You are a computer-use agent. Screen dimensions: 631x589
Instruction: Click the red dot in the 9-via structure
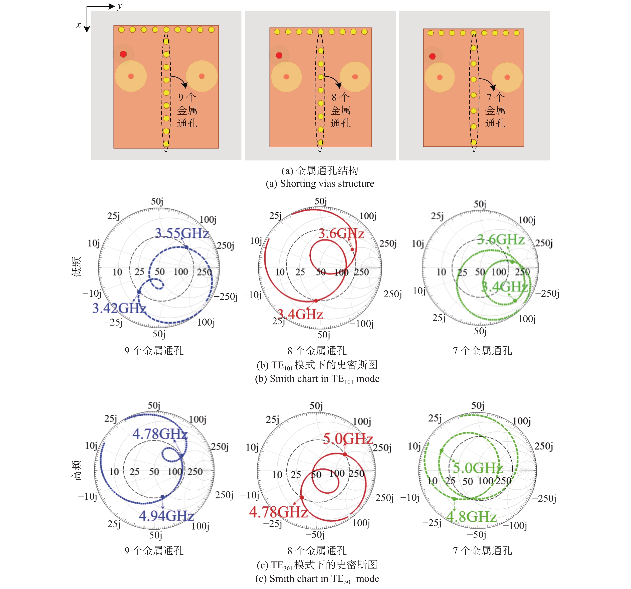point(123,54)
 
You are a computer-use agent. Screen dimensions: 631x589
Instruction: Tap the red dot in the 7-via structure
point(432,56)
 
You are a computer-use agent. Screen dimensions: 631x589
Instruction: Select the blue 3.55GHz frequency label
point(182,233)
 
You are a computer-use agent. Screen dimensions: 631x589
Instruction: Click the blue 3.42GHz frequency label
point(119,308)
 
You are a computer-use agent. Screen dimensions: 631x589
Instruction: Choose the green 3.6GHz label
point(501,239)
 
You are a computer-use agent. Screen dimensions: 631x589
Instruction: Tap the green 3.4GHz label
point(504,287)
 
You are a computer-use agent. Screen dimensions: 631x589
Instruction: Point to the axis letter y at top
point(119,6)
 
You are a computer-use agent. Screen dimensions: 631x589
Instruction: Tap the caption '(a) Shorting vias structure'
point(320,184)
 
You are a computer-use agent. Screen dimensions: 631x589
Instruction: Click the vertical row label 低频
point(77,267)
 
